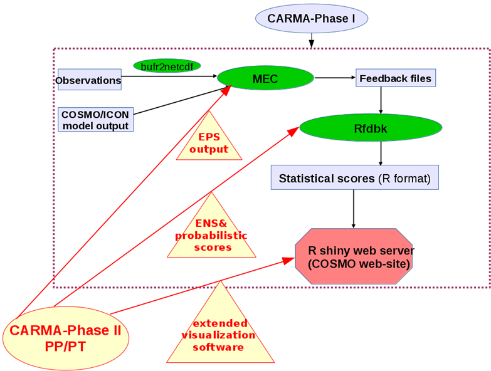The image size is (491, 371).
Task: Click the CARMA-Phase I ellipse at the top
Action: pos(311,18)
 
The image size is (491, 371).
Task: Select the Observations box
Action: pos(88,80)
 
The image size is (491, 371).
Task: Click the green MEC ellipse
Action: pos(265,78)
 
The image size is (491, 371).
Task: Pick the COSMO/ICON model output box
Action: pos(95,119)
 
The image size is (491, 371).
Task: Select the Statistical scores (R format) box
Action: pos(354,178)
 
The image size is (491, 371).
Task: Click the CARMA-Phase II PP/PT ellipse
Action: pos(66,337)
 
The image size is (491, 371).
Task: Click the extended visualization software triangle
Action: pos(219,333)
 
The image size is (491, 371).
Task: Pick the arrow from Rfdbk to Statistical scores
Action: pos(381,154)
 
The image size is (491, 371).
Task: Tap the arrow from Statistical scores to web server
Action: pos(354,209)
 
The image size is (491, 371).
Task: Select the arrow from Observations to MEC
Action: pos(169,78)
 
